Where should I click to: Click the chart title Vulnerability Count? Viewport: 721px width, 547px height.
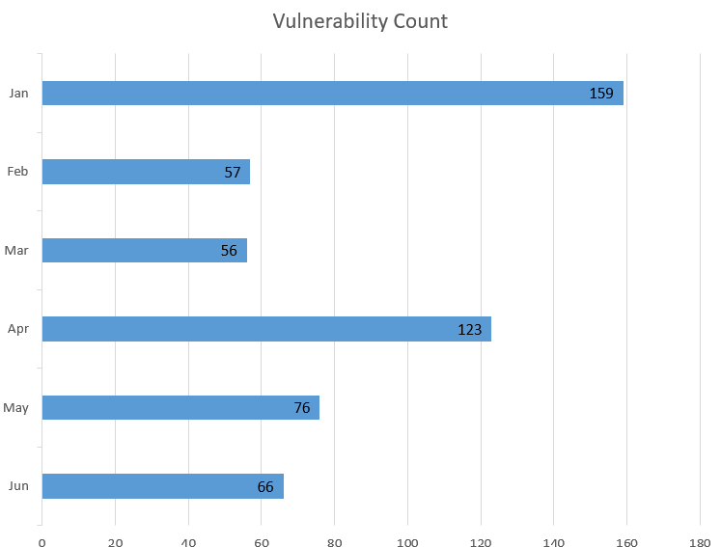coord(360,21)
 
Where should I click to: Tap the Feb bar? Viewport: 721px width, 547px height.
coord(146,172)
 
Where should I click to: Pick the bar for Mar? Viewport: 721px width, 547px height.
coord(144,251)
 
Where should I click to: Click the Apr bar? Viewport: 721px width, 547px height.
coord(266,329)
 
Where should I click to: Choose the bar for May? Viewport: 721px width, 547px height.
coord(180,408)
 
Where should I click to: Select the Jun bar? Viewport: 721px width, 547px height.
coord(162,486)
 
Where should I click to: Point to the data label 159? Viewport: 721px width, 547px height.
coord(601,94)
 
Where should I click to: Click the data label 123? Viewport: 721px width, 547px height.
coord(469,330)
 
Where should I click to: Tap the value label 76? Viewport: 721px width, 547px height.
coord(302,408)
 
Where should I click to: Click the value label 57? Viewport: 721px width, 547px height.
coord(233,173)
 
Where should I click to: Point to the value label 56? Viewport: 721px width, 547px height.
coord(229,251)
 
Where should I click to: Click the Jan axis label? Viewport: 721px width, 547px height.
coord(18,94)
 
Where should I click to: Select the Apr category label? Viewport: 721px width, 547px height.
coord(18,329)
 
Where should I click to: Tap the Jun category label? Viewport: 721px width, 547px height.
coord(18,486)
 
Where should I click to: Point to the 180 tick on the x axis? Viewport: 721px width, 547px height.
coord(700,541)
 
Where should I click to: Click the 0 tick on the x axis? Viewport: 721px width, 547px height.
coord(42,541)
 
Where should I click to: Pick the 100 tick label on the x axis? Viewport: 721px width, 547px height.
coord(407,541)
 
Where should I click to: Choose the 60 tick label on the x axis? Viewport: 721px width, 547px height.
coord(262,541)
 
